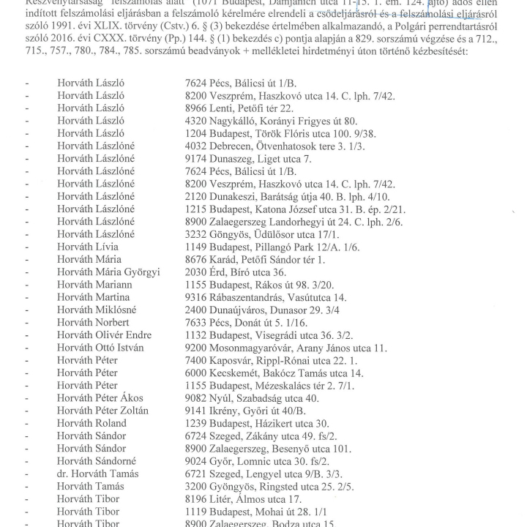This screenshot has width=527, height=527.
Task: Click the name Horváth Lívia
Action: click(88, 247)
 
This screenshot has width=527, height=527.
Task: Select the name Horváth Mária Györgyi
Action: click(108, 272)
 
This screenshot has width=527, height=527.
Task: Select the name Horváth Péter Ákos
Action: click(100, 398)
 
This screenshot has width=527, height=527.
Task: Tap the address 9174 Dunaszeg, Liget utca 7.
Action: click(248, 159)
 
